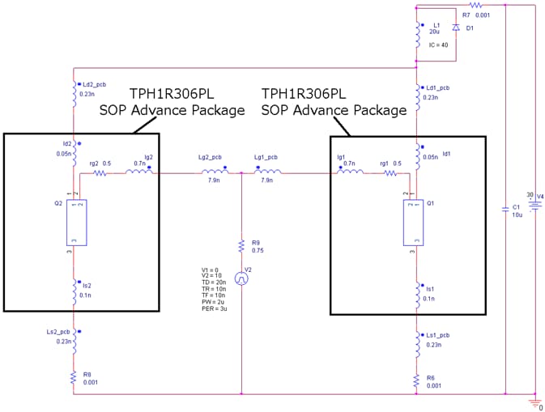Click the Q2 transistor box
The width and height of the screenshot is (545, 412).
tap(76, 221)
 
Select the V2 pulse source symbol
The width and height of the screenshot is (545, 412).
tap(241, 278)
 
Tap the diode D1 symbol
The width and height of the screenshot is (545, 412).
tap(455, 28)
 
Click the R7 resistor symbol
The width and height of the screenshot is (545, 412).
tap(476, 5)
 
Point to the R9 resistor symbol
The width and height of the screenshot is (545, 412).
tap(241, 246)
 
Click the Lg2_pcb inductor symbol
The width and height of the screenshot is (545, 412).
tap(215, 172)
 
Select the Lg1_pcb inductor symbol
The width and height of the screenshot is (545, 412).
tap(268, 172)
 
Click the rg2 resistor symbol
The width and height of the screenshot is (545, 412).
tap(101, 172)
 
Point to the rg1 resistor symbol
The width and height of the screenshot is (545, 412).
tap(391, 172)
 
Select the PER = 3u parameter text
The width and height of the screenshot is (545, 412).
tap(216, 309)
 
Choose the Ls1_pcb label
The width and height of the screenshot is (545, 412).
tap(437, 334)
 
